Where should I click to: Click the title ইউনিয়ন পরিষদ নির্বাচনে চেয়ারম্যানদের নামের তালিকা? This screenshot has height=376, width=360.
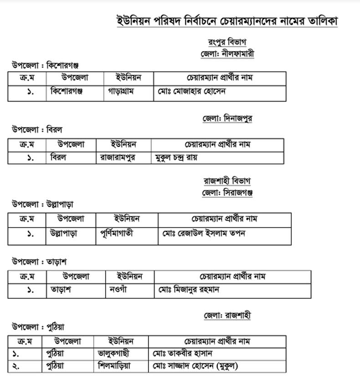click(x=227, y=21)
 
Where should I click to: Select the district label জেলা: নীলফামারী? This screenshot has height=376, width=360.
click(x=227, y=53)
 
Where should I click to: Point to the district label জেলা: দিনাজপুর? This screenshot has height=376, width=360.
click(x=227, y=118)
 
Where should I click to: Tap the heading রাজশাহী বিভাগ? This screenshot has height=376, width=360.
click(x=227, y=181)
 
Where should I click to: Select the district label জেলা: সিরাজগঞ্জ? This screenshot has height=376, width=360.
click(x=227, y=192)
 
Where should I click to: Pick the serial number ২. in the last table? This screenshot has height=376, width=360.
click(x=16, y=366)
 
